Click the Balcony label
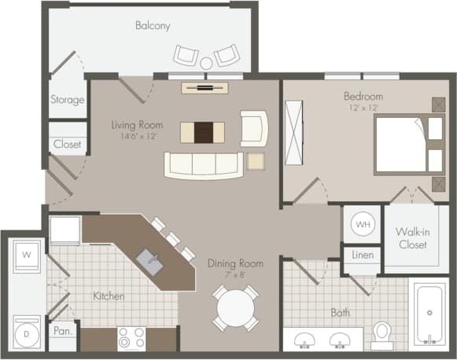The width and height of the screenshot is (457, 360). [x=153, y=25]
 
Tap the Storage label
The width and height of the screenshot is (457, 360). [x=68, y=100]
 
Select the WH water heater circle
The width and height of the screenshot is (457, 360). [x=362, y=225]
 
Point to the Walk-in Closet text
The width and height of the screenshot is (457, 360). [x=411, y=238]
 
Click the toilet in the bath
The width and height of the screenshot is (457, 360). [x=382, y=335]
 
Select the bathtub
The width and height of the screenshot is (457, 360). [x=429, y=314]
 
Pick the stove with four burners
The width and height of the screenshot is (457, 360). [x=131, y=338]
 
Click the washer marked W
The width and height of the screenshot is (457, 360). [x=27, y=255]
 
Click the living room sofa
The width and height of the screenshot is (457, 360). [x=203, y=164]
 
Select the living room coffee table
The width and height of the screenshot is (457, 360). [x=202, y=132]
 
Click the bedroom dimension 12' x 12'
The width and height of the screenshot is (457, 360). [x=363, y=107]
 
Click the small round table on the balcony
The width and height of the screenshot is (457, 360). [x=206, y=63]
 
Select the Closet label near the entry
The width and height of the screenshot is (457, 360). [x=68, y=145]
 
